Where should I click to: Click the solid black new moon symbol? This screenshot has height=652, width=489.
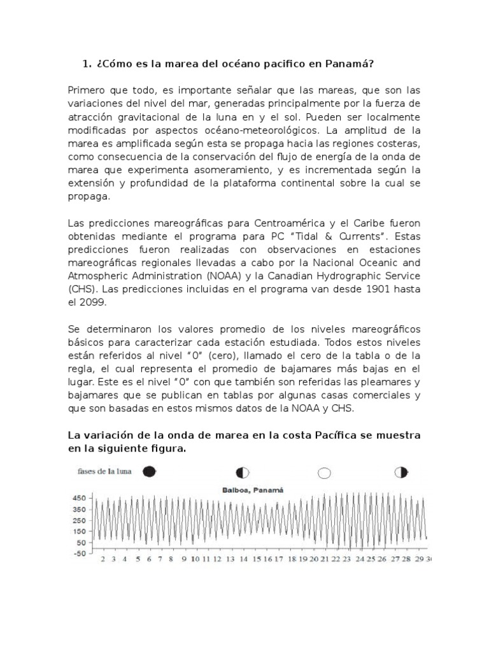148,471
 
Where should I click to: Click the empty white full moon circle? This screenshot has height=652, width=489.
324,472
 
